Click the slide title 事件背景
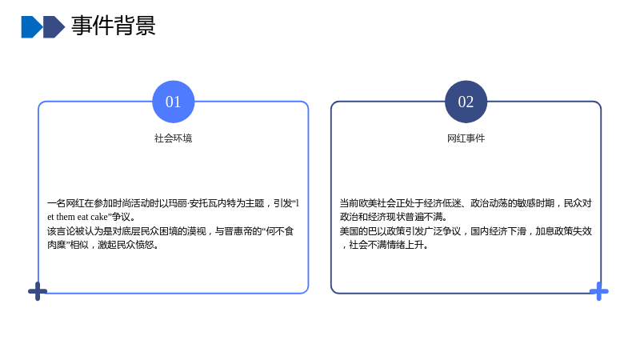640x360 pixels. (114, 26)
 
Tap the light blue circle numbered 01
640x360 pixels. (174, 102)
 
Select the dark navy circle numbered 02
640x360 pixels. (466, 102)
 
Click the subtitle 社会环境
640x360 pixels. (173, 138)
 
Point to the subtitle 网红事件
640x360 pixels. (466, 138)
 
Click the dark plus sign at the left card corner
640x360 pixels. (38, 291)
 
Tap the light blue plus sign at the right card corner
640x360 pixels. (598, 291)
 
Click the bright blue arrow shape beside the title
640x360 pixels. (32, 27)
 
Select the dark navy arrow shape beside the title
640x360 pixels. (54, 27)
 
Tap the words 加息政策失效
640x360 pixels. (563, 231)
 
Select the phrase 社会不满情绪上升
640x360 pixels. (386, 245)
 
